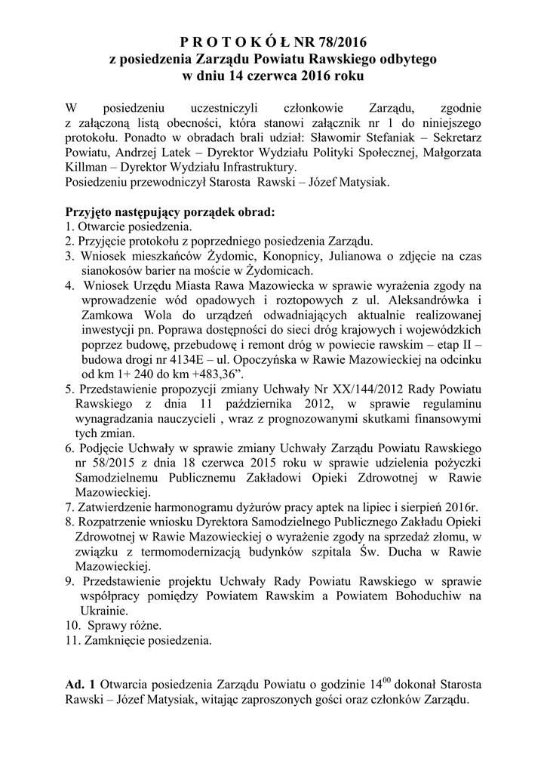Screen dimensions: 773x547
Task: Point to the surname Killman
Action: [x=86, y=167]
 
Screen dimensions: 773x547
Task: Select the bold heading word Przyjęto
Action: [x=94, y=211]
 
